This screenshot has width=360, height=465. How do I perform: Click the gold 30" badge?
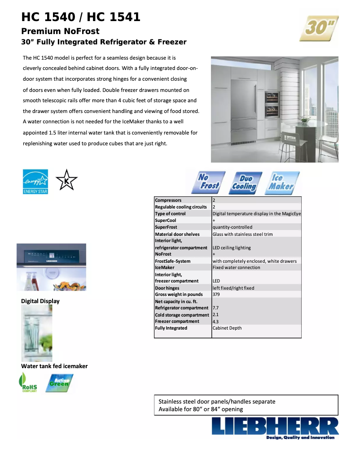pos(319,28)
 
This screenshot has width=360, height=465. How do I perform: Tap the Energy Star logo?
pos(35,182)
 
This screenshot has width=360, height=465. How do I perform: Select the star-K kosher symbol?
pos(66,181)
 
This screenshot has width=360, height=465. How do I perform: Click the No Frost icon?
pos(209,182)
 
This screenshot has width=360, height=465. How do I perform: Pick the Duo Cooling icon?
pos(245,183)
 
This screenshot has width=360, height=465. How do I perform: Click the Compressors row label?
pos(168,200)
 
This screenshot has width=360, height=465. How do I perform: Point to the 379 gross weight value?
pos(216,295)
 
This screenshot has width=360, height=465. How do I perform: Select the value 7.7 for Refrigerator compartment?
pos(215,308)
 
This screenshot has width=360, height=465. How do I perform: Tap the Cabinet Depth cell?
pos(227,328)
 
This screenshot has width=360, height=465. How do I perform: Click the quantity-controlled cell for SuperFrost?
pos(233,227)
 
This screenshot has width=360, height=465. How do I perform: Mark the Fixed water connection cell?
pos(236,268)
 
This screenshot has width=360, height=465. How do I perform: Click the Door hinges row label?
pos(167,288)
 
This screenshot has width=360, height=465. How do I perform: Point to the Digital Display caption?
pos(40,301)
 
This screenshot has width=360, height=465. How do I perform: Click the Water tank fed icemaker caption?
pos(54,366)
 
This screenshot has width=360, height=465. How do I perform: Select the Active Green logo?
pos(59,383)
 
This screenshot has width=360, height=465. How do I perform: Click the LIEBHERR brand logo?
pos(275,427)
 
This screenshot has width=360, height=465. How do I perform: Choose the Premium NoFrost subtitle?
pos(61,31)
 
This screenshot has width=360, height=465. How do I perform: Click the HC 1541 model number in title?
pos(114,17)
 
